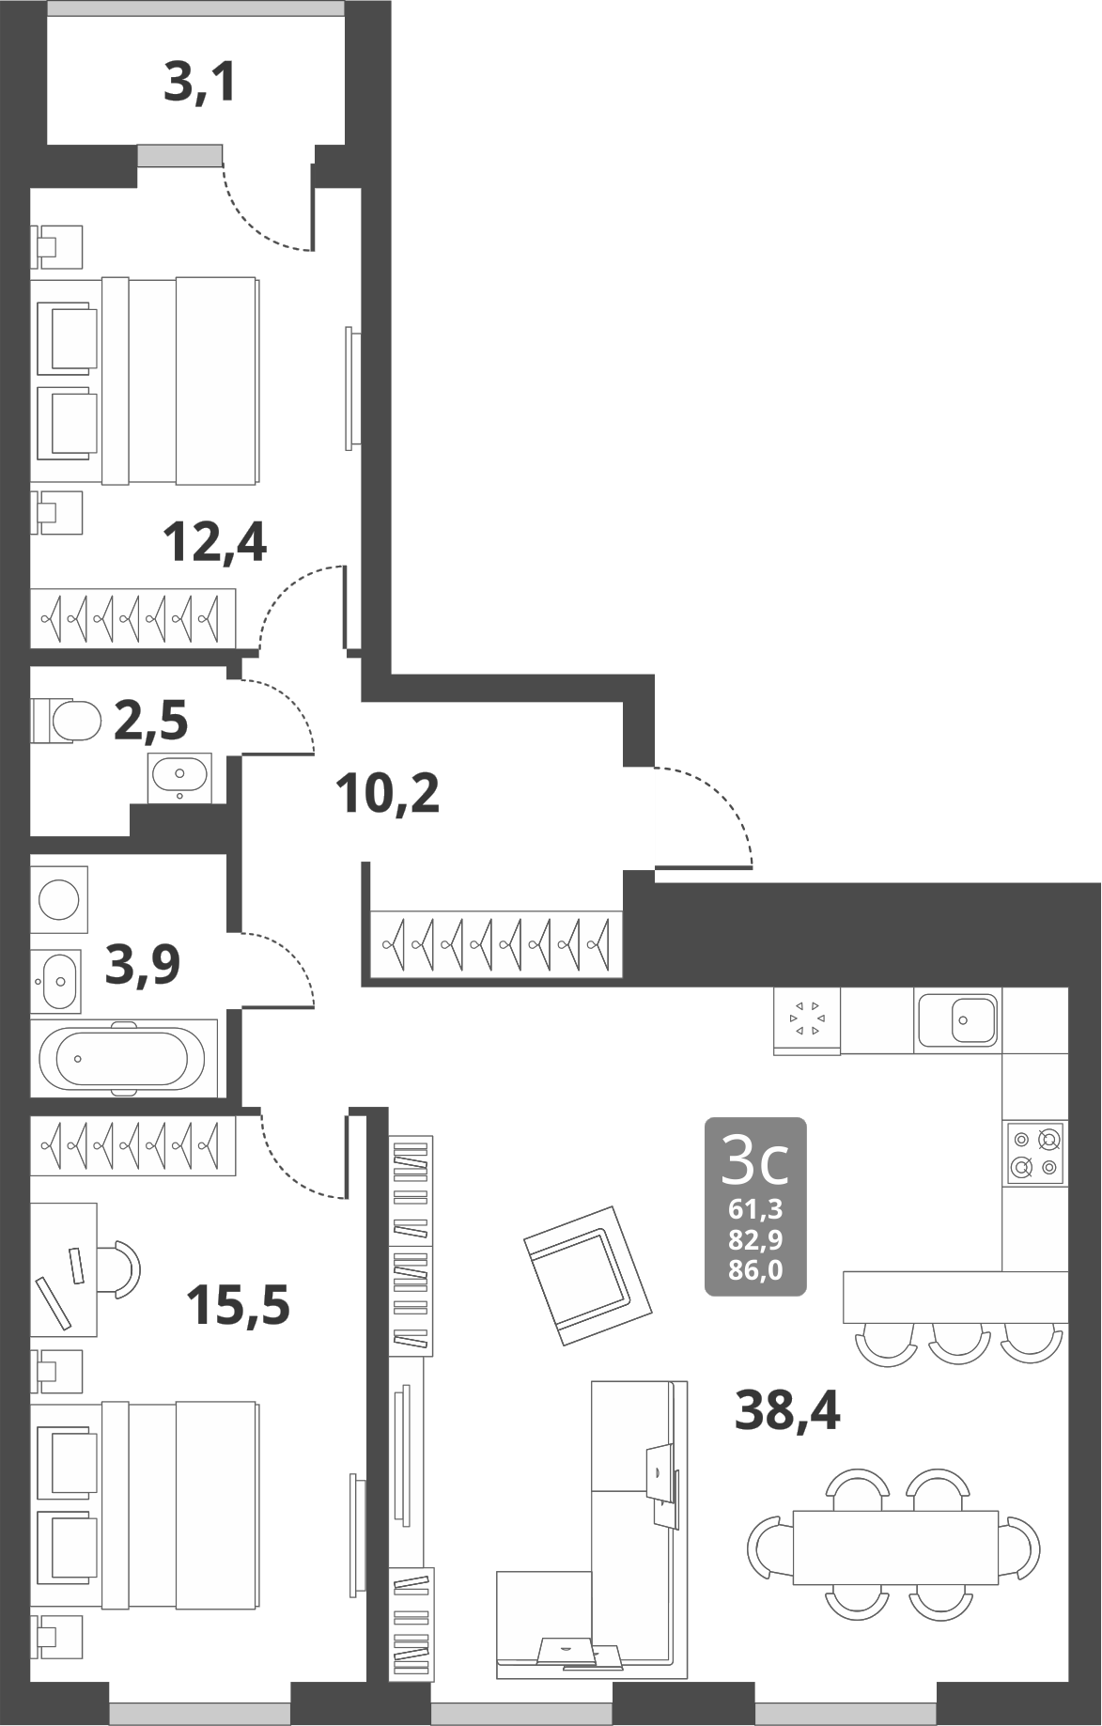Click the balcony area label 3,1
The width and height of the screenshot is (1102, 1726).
pos(198,83)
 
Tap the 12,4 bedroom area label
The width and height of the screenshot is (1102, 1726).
pos(214,541)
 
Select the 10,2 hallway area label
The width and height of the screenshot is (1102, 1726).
pos(387,794)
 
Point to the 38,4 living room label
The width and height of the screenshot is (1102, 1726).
pos(787,1409)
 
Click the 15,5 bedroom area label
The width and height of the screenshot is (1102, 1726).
pos(238,1304)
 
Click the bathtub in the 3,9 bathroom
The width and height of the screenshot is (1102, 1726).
pos(121,1057)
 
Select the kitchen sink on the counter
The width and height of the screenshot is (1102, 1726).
pos(957,1018)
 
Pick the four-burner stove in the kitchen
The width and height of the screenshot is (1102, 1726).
pos(1034,1153)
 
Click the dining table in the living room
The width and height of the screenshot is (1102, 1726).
pos(894,1546)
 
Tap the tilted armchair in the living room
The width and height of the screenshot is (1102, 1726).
pos(587,1274)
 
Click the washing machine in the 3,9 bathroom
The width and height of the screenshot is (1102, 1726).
pos(59,899)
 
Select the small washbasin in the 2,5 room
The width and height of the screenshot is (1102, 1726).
pos(178,775)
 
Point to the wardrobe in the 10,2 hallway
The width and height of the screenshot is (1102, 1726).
pos(495,942)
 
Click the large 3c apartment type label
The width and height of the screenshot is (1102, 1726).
pos(754,1161)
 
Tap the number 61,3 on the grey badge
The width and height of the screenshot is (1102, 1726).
pos(755,1209)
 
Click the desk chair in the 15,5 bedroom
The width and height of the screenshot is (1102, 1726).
pos(121,1267)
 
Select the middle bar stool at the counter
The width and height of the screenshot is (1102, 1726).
pos(958,1344)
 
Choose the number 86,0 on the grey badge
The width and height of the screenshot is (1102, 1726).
pos(755,1271)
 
